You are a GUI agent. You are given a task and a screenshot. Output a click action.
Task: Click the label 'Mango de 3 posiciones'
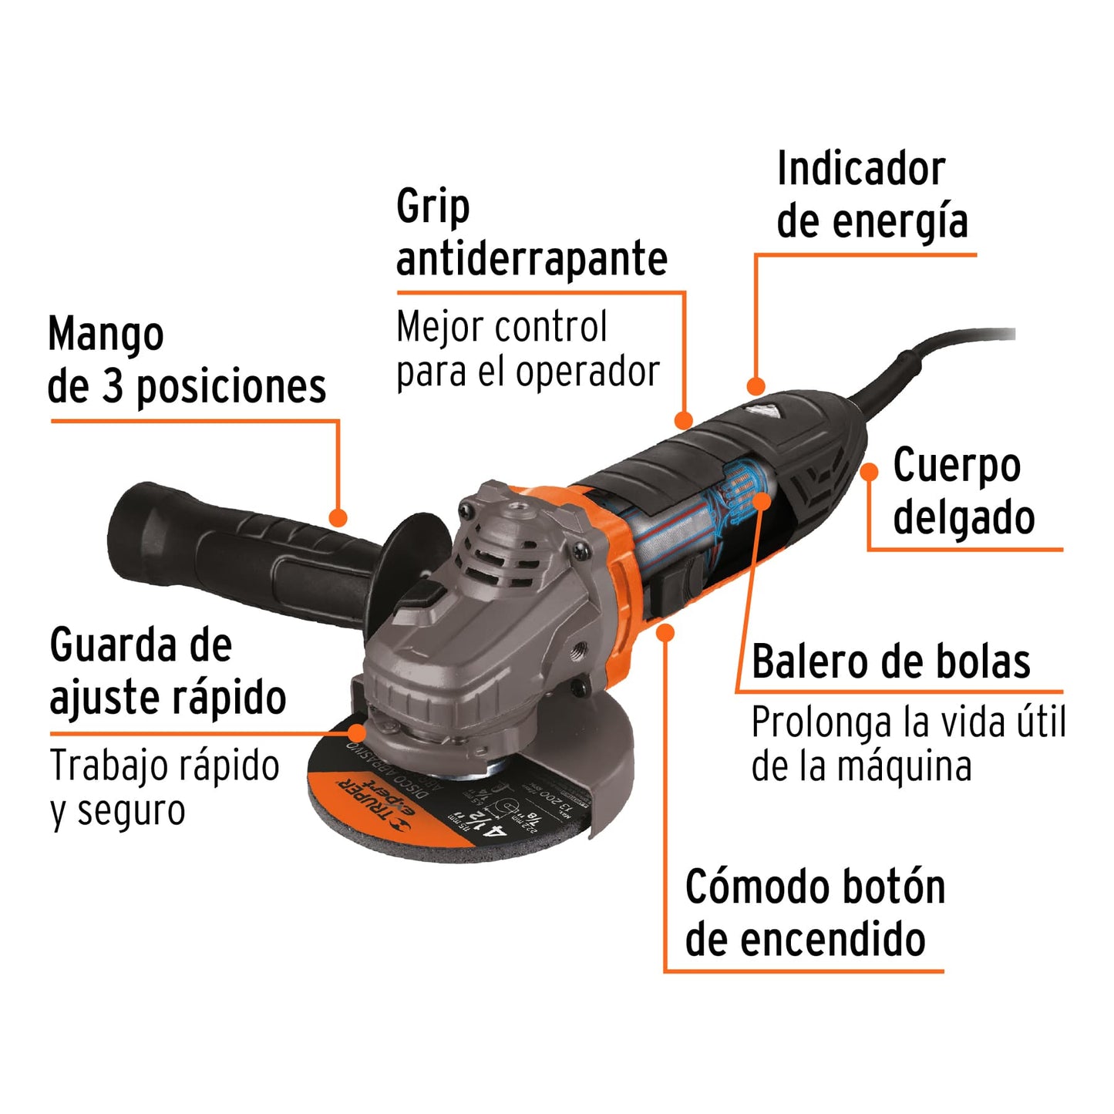[x=186, y=361]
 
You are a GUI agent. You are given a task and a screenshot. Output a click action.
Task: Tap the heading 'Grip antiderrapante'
[x=531, y=233]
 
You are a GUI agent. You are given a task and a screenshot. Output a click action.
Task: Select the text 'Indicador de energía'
[x=871, y=196]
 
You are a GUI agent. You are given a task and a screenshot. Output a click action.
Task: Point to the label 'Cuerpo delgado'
[x=963, y=491]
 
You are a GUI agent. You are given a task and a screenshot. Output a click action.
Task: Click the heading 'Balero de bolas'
[x=890, y=661]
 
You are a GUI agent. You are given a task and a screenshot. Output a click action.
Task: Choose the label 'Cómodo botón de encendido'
[x=815, y=913]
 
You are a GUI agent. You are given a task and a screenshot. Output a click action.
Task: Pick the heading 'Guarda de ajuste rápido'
[x=167, y=671]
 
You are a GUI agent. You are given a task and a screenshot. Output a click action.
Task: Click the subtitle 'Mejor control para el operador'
[x=527, y=349]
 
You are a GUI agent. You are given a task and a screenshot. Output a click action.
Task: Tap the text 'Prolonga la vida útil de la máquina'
[x=907, y=745]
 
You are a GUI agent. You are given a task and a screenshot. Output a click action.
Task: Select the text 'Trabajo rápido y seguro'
[x=164, y=788]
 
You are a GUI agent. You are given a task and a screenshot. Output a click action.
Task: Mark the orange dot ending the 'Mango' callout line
[x=338, y=517]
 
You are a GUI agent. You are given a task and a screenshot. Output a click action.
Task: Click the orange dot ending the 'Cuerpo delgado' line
[x=870, y=472]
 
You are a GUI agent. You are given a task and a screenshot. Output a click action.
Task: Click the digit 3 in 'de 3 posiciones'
[x=113, y=385]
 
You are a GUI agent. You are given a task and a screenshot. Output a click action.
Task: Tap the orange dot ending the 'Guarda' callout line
[x=357, y=732]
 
